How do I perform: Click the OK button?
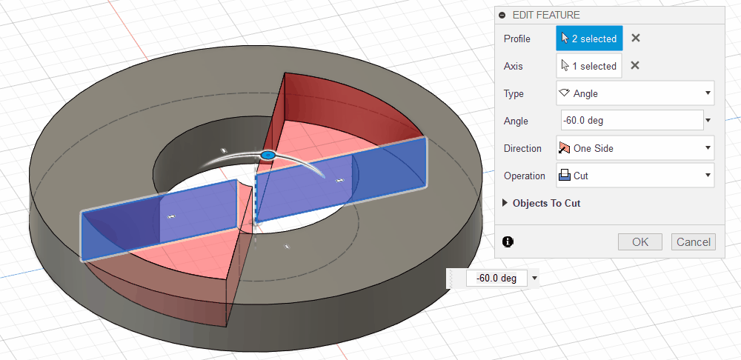pyautogui.click(x=640, y=242)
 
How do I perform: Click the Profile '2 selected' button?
pyautogui.click(x=589, y=39)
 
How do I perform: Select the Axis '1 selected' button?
pyautogui.click(x=589, y=66)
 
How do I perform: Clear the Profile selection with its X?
pyautogui.click(x=636, y=39)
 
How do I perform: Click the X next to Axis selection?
pyautogui.click(x=635, y=66)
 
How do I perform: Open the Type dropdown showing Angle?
pyautogui.click(x=635, y=93)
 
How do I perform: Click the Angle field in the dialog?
pyautogui.click(x=632, y=121)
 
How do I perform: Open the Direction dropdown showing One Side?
pyautogui.click(x=635, y=148)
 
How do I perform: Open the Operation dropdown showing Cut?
pyautogui.click(x=635, y=176)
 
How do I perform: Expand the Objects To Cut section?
pyautogui.click(x=542, y=203)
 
